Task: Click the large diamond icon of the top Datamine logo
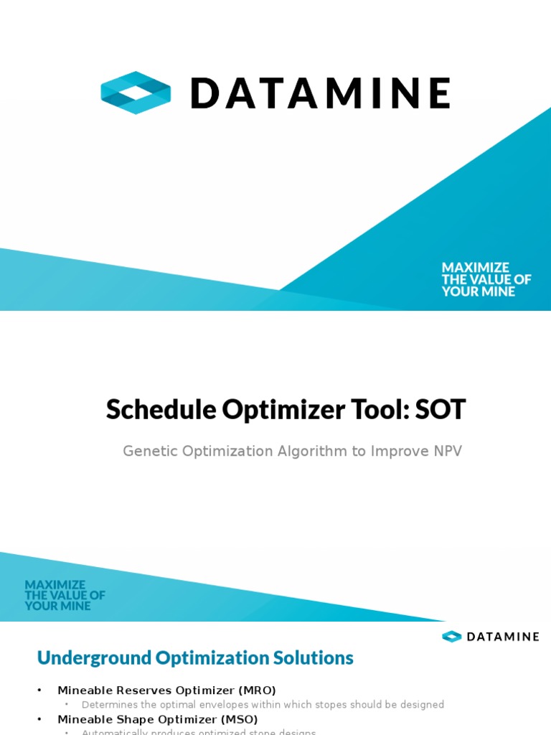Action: pos(136,93)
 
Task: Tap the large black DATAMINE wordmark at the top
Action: pos(320,93)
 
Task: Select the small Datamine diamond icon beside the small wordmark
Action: pos(451,637)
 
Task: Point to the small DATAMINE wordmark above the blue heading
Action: pos(501,637)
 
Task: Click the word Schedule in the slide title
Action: pos(161,410)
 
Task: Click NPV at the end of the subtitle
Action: pos(446,451)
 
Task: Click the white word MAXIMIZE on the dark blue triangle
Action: pos(475,268)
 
